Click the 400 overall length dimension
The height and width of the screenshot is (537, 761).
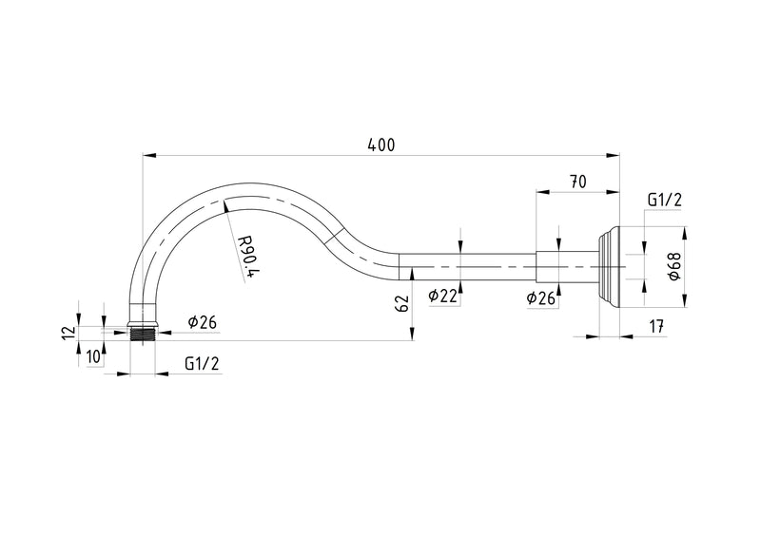point(381,145)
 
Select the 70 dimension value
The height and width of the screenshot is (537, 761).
point(577,182)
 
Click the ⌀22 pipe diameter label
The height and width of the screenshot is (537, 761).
point(443,296)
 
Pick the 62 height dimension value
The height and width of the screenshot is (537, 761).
point(403,304)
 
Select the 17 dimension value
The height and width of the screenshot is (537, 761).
point(656,326)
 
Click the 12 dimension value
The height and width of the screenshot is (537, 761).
point(68,333)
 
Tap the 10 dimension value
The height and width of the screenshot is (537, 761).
point(95,356)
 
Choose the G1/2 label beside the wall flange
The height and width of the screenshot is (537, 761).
point(664,200)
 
